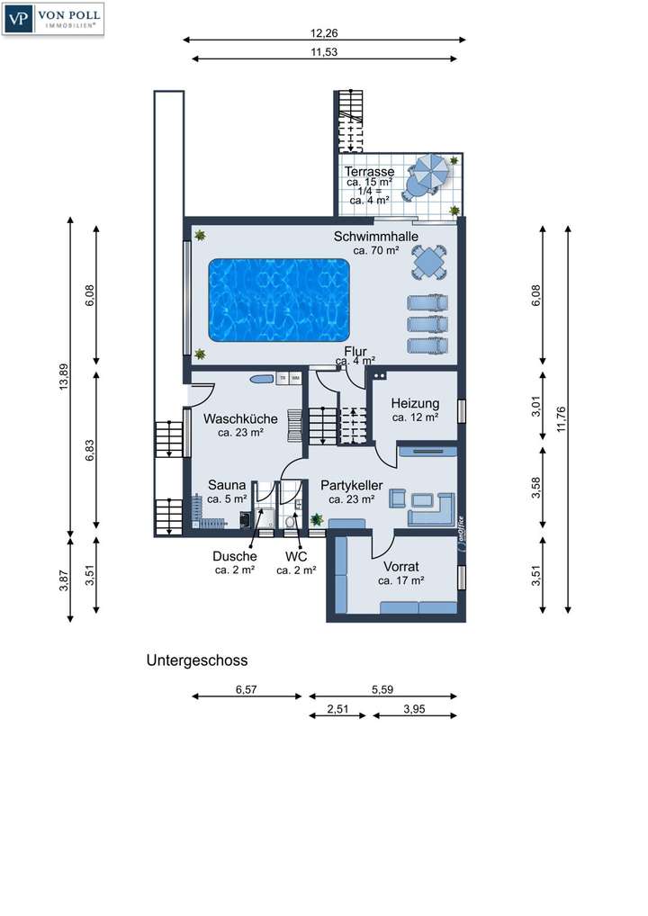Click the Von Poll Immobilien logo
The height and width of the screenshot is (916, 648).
(x=54, y=19)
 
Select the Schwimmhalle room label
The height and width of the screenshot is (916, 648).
(x=376, y=236)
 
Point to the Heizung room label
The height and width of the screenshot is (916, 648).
(x=415, y=403)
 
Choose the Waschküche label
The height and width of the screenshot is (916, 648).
(x=239, y=418)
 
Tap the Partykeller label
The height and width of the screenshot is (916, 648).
(x=352, y=485)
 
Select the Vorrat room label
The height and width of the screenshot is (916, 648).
(x=400, y=567)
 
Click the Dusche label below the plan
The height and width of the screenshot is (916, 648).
(x=234, y=556)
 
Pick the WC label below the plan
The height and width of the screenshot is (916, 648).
(x=296, y=556)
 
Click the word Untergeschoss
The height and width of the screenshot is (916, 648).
(x=197, y=660)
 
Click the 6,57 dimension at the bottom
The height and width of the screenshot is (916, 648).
(x=247, y=689)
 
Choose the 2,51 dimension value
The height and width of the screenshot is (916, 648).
(x=337, y=710)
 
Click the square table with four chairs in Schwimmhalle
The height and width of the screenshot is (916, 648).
(x=428, y=263)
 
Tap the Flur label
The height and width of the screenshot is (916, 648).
(x=355, y=351)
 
